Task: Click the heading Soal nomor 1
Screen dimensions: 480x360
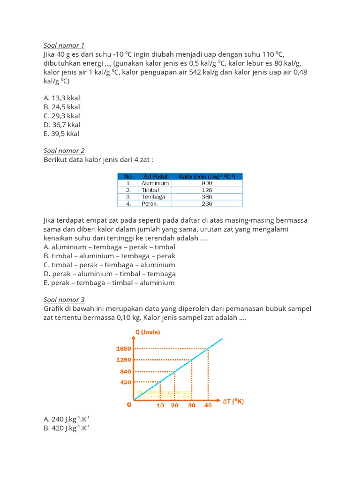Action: (x=64, y=45)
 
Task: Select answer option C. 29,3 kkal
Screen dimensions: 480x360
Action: (x=61, y=116)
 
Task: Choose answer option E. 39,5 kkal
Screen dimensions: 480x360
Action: (x=61, y=134)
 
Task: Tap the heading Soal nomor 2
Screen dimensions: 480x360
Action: (x=64, y=150)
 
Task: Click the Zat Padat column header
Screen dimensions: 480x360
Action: (x=154, y=177)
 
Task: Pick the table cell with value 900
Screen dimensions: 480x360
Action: (x=207, y=183)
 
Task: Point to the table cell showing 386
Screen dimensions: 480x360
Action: (x=207, y=197)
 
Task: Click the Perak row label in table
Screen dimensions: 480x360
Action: (x=149, y=203)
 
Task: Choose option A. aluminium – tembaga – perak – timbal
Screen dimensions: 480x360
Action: (x=109, y=247)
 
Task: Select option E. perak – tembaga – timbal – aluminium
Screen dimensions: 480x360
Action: (x=109, y=283)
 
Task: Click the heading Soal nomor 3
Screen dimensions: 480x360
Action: (x=64, y=300)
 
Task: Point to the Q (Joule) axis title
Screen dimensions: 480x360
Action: (x=148, y=333)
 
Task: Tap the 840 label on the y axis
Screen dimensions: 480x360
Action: (x=126, y=371)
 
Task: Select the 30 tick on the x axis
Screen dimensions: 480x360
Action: (x=192, y=405)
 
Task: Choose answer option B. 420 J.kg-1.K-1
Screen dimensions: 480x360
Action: (x=66, y=427)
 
